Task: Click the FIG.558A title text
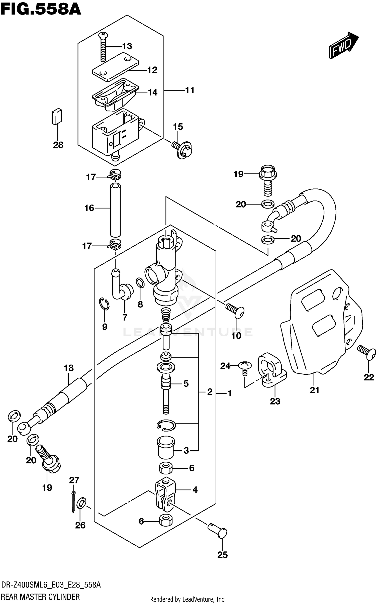pyautogui.click(x=41, y=10)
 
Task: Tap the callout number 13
pyautogui.click(x=127, y=46)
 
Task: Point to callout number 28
pyautogui.click(x=58, y=145)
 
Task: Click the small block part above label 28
pyautogui.click(x=57, y=116)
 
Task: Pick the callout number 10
pyautogui.click(x=236, y=335)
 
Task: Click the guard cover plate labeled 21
pyautogui.click(x=321, y=326)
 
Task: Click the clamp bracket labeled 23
pyautogui.click(x=272, y=371)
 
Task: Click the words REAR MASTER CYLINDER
pyautogui.click(x=40, y=597)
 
